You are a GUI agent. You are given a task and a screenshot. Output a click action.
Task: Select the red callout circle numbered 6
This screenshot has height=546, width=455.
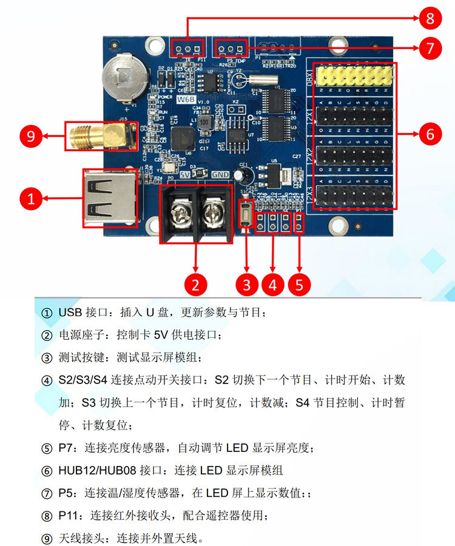click(x=430, y=133)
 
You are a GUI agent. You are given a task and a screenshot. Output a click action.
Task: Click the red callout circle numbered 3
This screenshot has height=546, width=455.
click(x=246, y=284)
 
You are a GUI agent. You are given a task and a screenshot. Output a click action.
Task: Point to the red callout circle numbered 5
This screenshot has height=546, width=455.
click(x=300, y=284)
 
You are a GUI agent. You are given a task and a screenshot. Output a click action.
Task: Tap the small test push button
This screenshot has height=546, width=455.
click(x=246, y=214)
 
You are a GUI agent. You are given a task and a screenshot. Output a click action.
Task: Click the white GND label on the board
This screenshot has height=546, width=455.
click(x=221, y=174)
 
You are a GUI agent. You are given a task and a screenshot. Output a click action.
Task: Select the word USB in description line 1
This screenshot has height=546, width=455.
click(x=71, y=313)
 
